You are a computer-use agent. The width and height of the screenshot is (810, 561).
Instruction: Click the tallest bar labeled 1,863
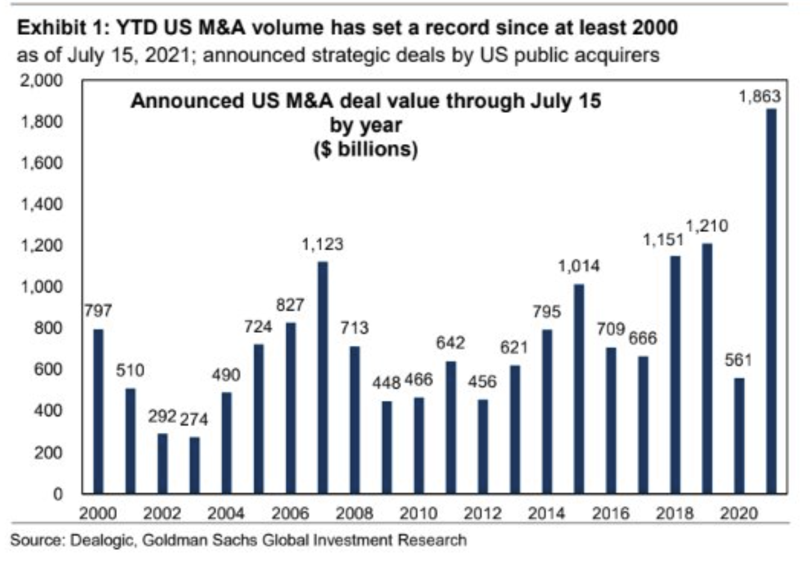pyautogui.click(x=771, y=301)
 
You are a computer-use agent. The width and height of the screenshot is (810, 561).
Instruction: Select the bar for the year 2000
pyautogui.click(x=98, y=411)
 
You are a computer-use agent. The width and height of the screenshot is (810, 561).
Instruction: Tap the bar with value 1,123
pyautogui.click(x=323, y=377)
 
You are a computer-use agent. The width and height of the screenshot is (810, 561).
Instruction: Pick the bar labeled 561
pyautogui.click(x=739, y=436)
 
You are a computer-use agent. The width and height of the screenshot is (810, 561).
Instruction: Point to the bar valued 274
pyautogui.click(x=194, y=465)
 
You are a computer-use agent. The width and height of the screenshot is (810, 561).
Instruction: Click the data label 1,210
pyautogui.click(x=707, y=226)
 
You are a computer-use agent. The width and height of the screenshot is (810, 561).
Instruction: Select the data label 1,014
pyautogui.click(x=579, y=266)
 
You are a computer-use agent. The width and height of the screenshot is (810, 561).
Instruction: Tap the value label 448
pyautogui.click(x=386, y=383)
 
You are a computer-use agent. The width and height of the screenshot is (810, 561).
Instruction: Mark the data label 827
pyautogui.click(x=290, y=305)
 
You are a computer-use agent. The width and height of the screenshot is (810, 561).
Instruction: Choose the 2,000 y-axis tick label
pyautogui.click(x=42, y=80)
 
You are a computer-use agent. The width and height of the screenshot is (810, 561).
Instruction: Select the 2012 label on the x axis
pyautogui.click(x=482, y=513)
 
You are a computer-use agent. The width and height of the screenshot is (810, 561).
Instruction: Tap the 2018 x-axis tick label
pyautogui.click(x=675, y=513)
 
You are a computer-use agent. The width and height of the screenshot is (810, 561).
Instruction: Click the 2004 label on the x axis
pyautogui.click(x=226, y=513)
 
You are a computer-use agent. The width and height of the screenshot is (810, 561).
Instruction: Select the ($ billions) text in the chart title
pyautogui.click(x=366, y=150)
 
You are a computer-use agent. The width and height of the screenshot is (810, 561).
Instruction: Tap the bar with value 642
pyautogui.click(x=451, y=427)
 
